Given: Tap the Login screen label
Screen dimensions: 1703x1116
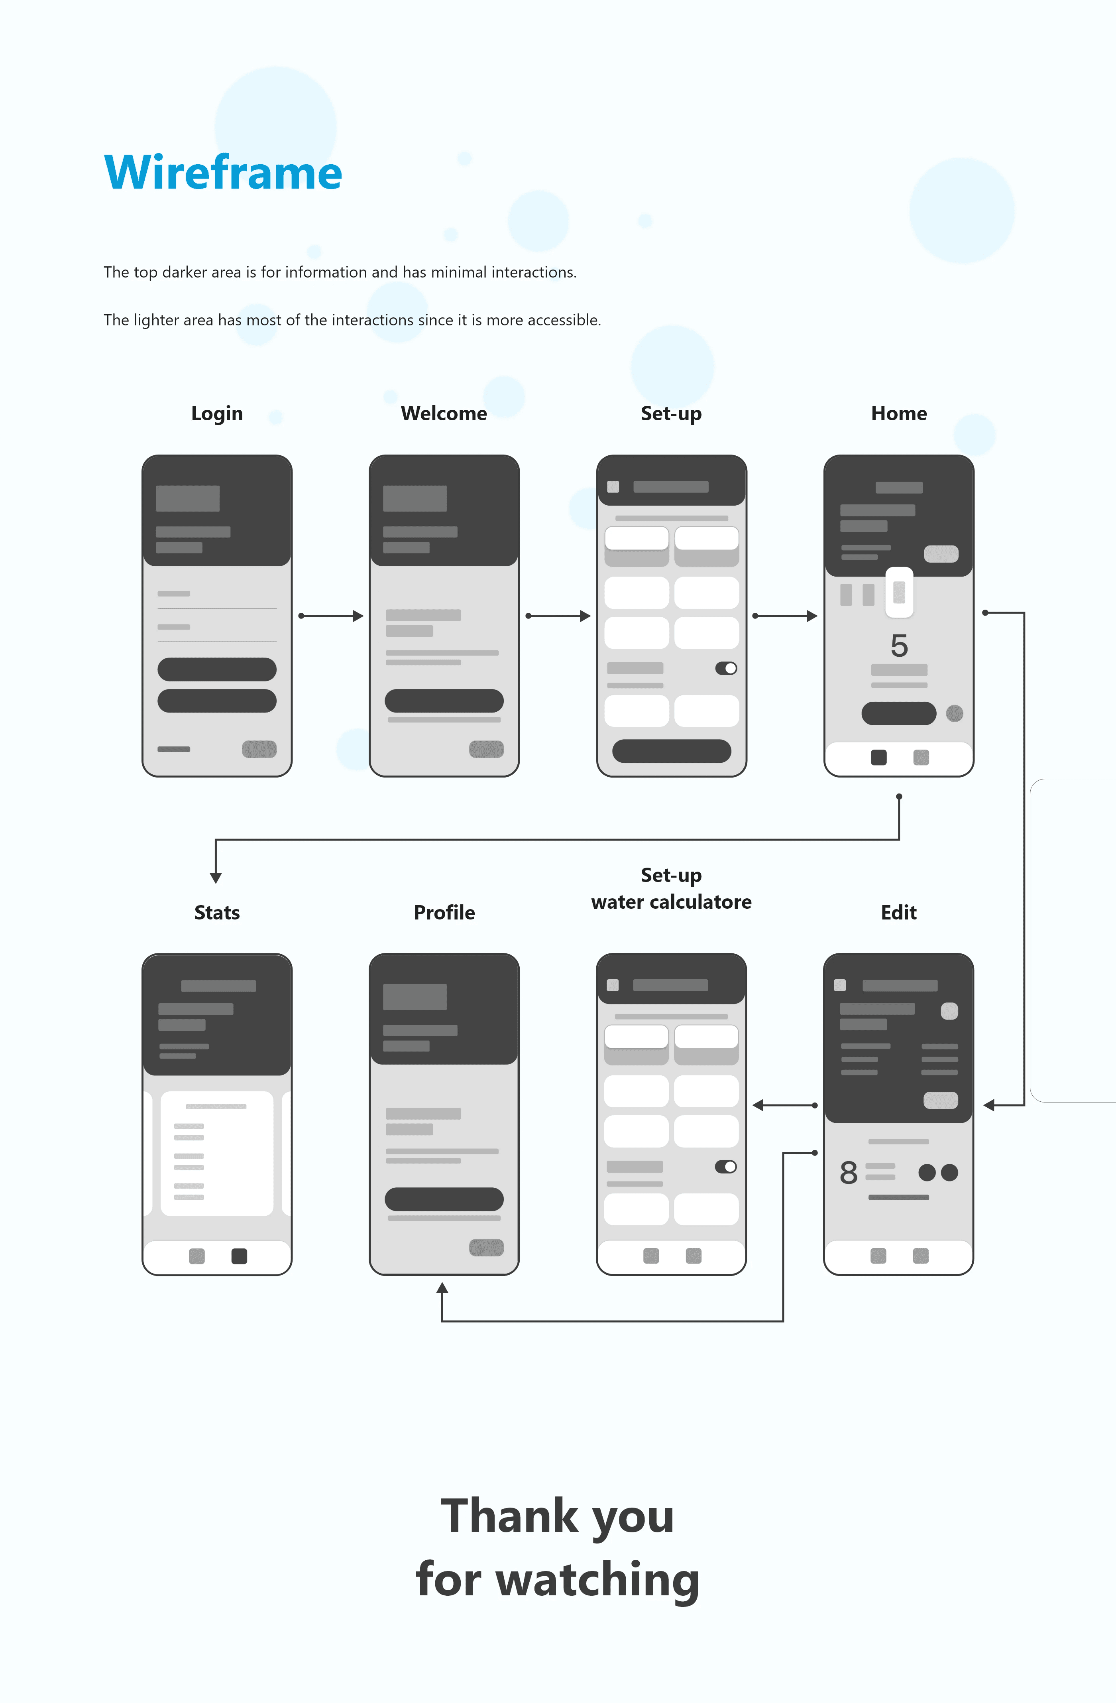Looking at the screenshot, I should pyautogui.click(x=217, y=413).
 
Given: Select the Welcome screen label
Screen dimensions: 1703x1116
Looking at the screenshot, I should pyautogui.click(x=444, y=413).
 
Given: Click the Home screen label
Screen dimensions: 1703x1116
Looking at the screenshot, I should pyautogui.click(x=898, y=413).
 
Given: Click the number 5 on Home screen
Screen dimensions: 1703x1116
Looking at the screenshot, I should pyautogui.click(x=899, y=646).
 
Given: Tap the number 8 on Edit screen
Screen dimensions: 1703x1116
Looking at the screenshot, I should pyautogui.click(x=849, y=1173).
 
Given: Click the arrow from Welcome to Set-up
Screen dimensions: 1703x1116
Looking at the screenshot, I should pyautogui.click(x=558, y=616).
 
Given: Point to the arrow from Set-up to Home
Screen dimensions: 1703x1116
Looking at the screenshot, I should pyautogui.click(x=786, y=616).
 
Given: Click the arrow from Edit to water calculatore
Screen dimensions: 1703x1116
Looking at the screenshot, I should pyautogui.click(x=784, y=1106).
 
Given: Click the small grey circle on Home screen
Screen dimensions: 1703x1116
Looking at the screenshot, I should pyautogui.click(x=954, y=713).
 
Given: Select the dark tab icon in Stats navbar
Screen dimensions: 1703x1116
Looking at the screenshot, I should pyautogui.click(x=239, y=1256).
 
